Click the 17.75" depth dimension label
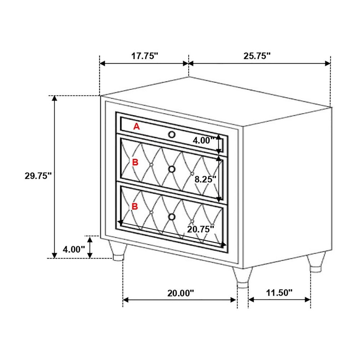[145, 56]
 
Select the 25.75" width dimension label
[257, 56]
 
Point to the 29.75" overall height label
[38, 176]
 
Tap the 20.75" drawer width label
[201, 229]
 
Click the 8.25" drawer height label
[206, 179]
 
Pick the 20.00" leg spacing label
[181, 293]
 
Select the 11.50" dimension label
[279, 293]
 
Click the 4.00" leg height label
[74, 249]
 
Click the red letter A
[136, 126]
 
